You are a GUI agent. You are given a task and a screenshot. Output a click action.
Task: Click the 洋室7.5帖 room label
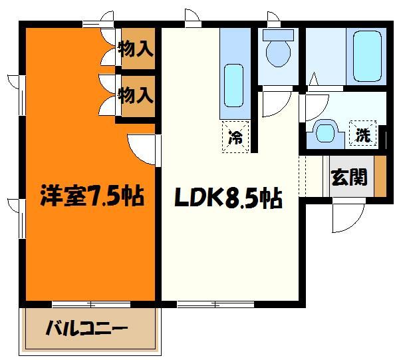click(92, 197)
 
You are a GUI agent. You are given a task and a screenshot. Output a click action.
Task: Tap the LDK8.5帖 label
click(227, 198)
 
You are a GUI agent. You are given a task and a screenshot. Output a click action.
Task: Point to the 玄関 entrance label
click(348, 178)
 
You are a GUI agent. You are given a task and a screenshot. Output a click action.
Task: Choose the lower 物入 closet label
click(136, 94)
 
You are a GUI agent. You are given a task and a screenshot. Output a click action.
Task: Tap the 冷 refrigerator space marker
click(235, 138)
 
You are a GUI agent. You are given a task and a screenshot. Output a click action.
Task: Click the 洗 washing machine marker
click(362, 134)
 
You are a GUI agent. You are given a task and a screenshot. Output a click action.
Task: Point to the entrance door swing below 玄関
click(348, 214)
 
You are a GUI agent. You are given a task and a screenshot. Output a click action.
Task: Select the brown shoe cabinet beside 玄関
click(380, 176)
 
